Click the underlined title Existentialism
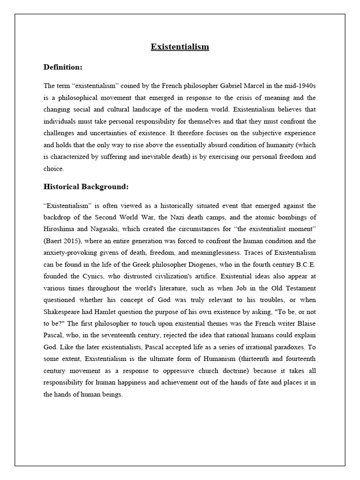(180, 47)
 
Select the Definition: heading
(63, 67)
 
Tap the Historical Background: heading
(86, 187)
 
